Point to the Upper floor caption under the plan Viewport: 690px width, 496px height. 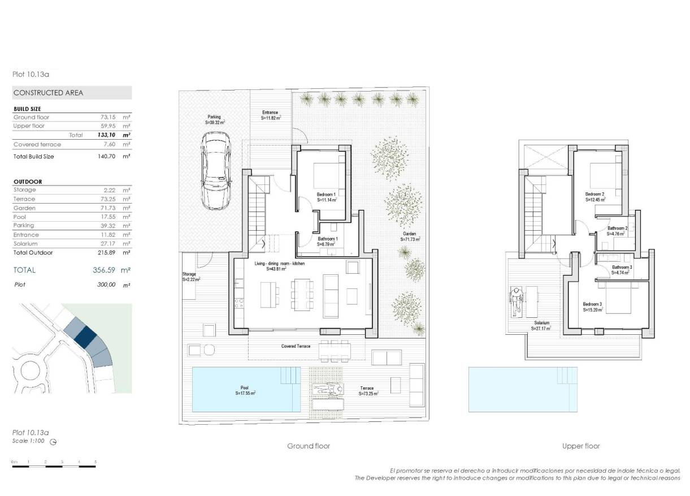click(x=581, y=446)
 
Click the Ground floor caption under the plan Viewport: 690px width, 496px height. click(x=309, y=446)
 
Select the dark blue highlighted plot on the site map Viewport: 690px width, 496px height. click(x=86, y=337)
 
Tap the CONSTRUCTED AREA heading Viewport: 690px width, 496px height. click(x=48, y=93)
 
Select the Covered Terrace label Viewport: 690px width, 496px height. click(x=296, y=346)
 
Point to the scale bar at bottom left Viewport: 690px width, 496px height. click(x=54, y=465)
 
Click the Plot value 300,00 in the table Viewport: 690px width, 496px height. click(x=106, y=285)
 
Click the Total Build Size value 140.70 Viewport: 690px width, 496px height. click(x=106, y=156)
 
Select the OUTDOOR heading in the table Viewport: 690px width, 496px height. click(x=28, y=182)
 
